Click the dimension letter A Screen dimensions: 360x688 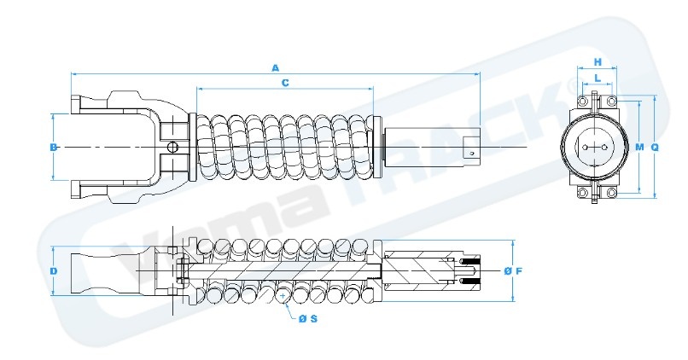click(x=275, y=67)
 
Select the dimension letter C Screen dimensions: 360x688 click(x=284, y=83)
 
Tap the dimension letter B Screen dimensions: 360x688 click(x=53, y=147)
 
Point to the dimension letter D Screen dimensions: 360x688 click(x=53, y=271)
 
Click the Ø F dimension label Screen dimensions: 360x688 click(x=512, y=271)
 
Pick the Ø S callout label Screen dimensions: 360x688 click(x=308, y=318)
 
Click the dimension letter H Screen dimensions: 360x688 click(x=598, y=62)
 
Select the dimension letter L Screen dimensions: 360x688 click(x=598, y=78)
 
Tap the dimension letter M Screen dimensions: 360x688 click(x=639, y=147)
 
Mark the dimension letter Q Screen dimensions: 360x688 click(x=655, y=147)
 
